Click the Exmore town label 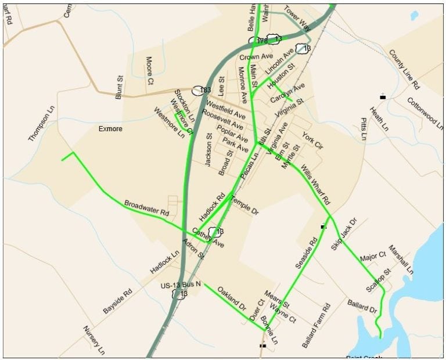coord(110,128)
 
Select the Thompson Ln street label coord(41,124)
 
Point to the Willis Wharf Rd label coord(315,185)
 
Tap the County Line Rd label coord(404,69)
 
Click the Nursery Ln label coord(93,340)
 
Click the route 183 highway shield coord(202,91)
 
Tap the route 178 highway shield coord(262,41)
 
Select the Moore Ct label coord(150,67)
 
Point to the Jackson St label coord(208,150)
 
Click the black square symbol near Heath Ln coord(383,96)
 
